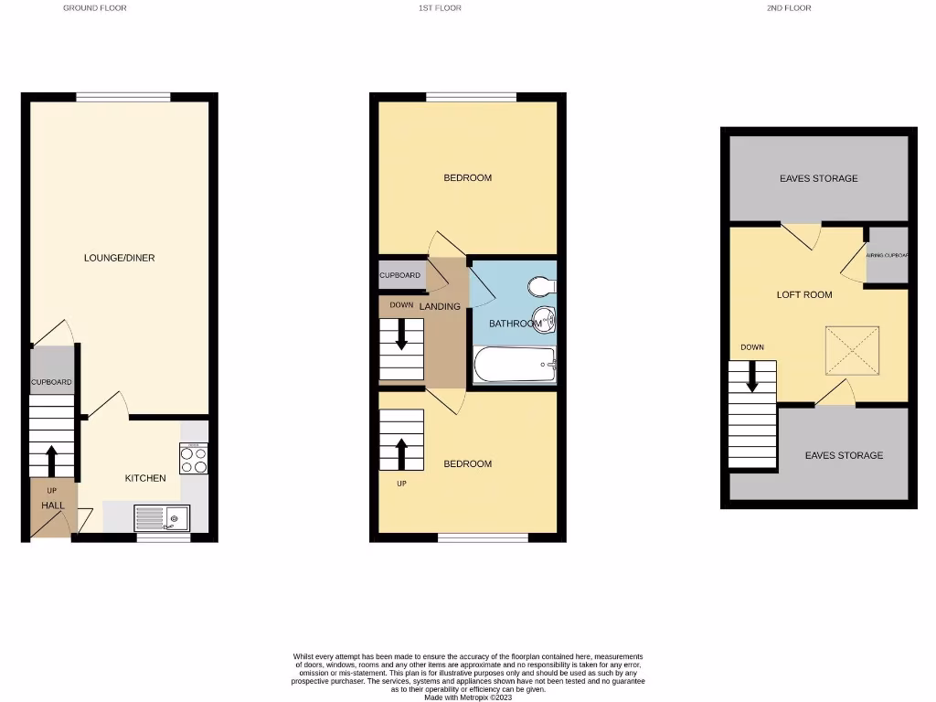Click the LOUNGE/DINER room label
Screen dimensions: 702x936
tap(119, 258)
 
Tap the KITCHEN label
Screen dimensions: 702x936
tap(145, 478)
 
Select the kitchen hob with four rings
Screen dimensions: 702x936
tap(194, 459)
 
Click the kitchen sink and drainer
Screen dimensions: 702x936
tap(162, 518)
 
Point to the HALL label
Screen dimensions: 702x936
tap(52, 505)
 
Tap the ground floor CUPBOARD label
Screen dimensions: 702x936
tap(51, 382)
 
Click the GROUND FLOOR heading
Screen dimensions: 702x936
tap(94, 8)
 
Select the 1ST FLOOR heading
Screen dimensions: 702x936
tap(440, 8)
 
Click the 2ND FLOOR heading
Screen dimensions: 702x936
tap(789, 8)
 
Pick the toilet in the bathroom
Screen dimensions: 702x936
tap(542, 287)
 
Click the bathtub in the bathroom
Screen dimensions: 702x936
tap(515, 365)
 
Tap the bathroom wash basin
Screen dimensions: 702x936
tap(547, 321)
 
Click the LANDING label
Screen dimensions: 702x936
tap(440, 306)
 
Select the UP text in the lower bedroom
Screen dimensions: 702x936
tap(401, 483)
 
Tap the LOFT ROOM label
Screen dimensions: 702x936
tap(804, 294)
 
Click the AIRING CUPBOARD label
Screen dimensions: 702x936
tap(887, 256)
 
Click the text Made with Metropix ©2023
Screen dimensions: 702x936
tap(468, 697)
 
